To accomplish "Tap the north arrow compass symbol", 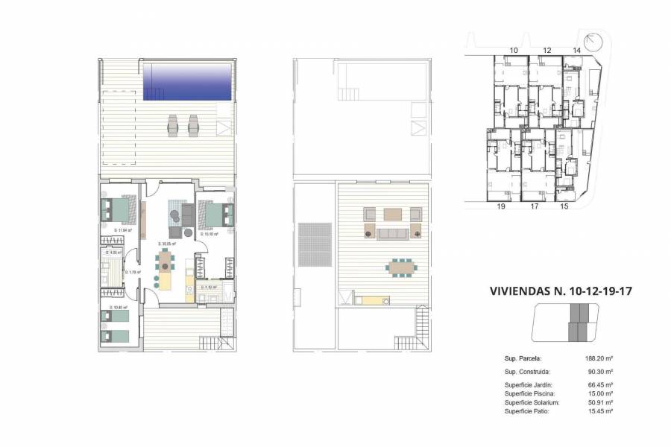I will (593, 42).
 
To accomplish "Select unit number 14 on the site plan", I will (576, 50).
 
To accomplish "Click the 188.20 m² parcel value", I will (599, 358).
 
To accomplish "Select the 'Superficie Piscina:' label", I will (532, 393).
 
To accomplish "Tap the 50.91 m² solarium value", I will (599, 402).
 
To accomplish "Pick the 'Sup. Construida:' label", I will (527, 371).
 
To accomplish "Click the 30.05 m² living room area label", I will (166, 244).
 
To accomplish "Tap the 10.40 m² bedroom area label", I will (119, 307).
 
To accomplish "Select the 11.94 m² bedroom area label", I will (122, 230).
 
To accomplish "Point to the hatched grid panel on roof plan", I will (314, 244).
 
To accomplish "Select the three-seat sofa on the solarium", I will (392, 234).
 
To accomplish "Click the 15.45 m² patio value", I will (599, 411).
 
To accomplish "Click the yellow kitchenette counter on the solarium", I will (371, 301).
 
